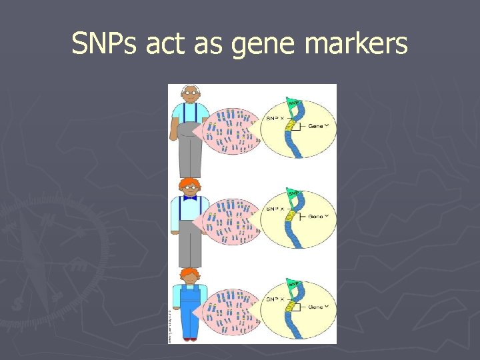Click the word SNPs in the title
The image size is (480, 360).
(x=103, y=44)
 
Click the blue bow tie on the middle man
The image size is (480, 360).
(x=191, y=197)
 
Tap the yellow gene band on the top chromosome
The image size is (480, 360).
(x=291, y=125)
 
